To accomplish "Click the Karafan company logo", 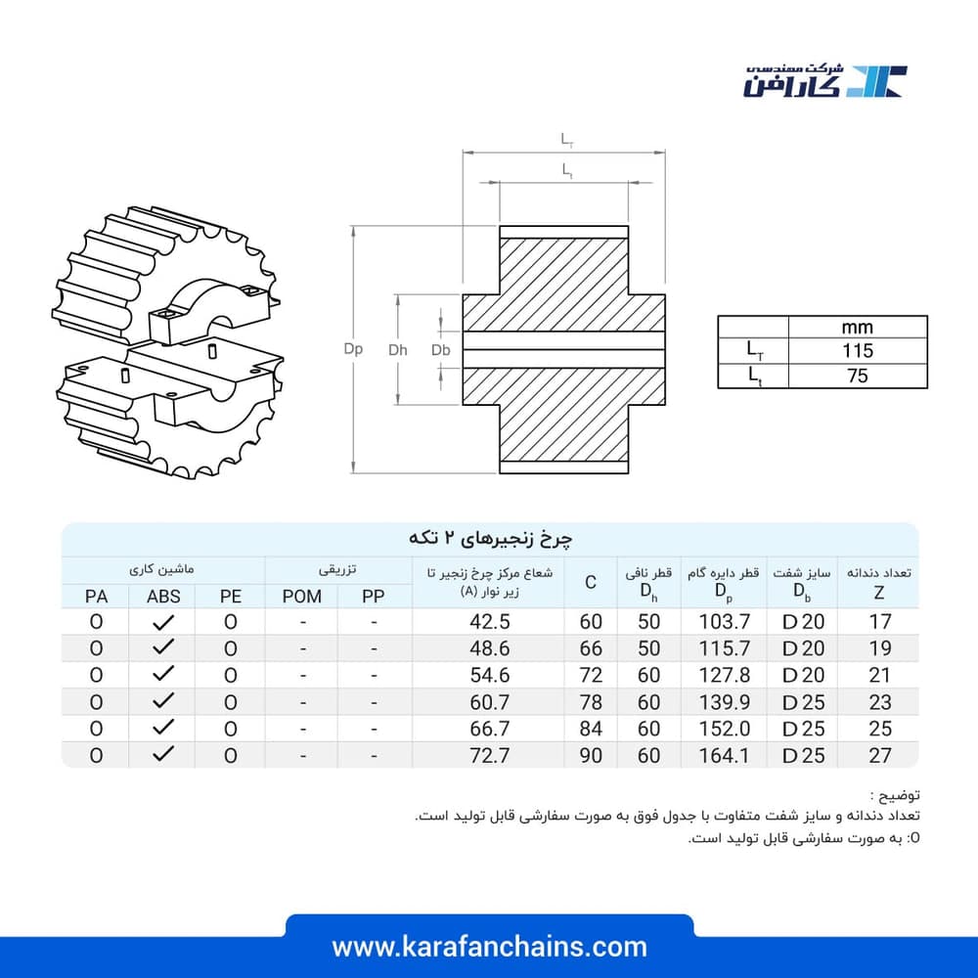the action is tap(825, 80).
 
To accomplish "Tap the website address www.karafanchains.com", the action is tap(490, 947).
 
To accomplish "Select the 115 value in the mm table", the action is tap(858, 350).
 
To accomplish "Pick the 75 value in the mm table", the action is tap(858, 376).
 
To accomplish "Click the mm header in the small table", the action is tap(857, 328).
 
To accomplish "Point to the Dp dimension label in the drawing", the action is tap(353, 349).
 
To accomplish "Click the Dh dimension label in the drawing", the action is tap(397, 350).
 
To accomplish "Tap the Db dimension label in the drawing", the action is tap(440, 350).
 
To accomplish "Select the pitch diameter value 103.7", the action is tap(724, 622).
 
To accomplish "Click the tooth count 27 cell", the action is tap(880, 755).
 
